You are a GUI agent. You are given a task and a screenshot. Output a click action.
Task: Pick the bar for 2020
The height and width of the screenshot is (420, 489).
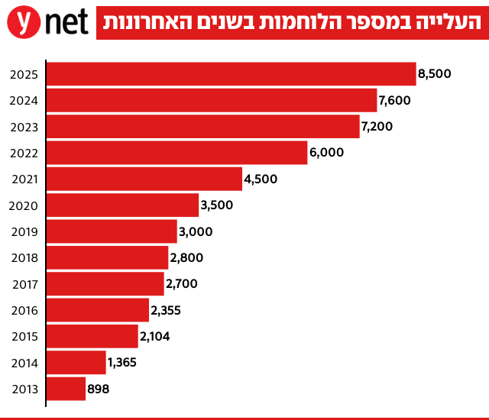click(122, 205)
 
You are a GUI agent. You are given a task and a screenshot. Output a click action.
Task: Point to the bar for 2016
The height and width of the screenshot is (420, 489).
click(98, 310)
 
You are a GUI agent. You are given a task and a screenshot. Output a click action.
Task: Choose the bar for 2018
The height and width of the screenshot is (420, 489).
click(108, 257)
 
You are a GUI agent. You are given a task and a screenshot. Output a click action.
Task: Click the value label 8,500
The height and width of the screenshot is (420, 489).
click(435, 74)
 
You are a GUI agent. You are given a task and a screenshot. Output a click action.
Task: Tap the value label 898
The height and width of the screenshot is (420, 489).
click(99, 389)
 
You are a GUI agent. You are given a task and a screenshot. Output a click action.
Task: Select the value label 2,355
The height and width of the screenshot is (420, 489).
click(166, 310)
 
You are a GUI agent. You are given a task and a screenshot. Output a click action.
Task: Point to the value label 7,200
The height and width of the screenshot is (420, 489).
click(377, 126)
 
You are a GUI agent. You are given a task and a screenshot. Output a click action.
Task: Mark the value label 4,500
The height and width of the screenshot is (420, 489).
click(261, 179)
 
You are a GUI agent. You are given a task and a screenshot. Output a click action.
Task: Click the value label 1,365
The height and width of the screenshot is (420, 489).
click(122, 362)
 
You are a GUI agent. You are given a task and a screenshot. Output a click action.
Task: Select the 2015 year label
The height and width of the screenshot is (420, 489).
click(24, 337)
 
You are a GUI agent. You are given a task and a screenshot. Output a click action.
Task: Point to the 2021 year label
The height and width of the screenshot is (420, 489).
click(24, 179)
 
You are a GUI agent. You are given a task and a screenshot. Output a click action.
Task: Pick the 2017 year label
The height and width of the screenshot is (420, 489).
click(24, 284)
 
